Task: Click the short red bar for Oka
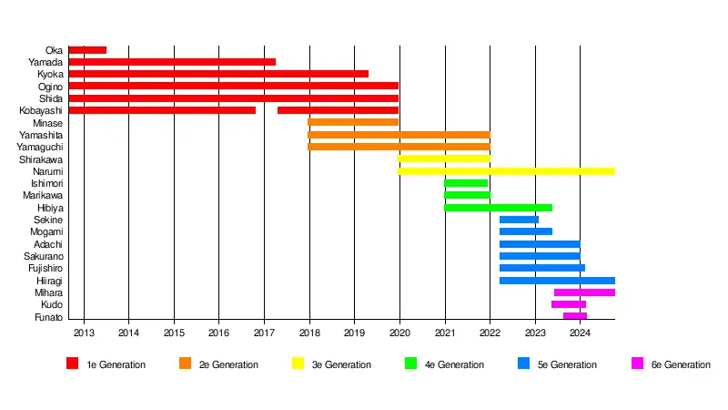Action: tap(87, 50)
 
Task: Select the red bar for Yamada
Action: tap(172, 62)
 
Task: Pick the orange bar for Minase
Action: tap(353, 122)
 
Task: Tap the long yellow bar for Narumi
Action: tap(506, 170)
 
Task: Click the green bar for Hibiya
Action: tap(498, 208)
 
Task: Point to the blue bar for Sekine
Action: tap(519, 220)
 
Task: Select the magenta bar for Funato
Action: tap(575, 316)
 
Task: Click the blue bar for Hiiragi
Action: tap(557, 281)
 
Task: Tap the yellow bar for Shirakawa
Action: tap(444, 159)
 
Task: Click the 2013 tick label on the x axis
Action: tap(84, 333)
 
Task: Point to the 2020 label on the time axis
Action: tap(399, 333)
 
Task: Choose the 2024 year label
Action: tap(581, 333)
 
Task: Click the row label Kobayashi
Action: tap(41, 110)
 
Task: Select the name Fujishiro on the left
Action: tap(43, 268)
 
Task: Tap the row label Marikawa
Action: tap(43, 196)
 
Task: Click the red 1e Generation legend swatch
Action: tap(73, 364)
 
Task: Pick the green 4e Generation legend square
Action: tap(411, 364)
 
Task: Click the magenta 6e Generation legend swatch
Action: tap(637, 364)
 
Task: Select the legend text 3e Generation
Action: tap(342, 364)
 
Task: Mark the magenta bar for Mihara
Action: tap(584, 292)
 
